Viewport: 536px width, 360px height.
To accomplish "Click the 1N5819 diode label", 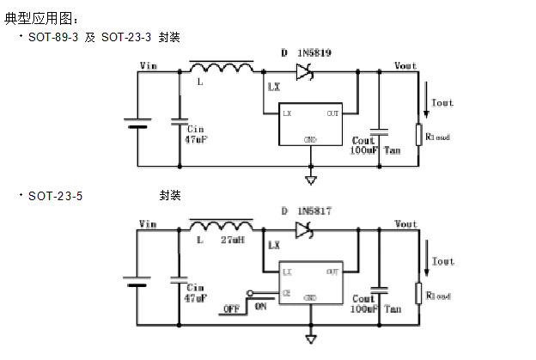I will (314, 53).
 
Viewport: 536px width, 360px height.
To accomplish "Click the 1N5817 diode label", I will (314, 211).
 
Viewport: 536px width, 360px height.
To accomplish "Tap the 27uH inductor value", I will (233, 241).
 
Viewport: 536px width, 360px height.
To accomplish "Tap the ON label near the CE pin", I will (261, 305).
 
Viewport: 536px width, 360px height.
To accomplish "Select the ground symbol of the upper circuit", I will (310, 180).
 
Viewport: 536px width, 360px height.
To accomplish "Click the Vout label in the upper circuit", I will (405, 66).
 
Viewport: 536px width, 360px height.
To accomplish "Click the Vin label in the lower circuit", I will (148, 224).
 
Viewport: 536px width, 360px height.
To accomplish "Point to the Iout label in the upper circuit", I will (442, 103).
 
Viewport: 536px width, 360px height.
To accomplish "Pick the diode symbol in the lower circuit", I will (302, 229).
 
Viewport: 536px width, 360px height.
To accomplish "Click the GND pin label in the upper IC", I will (310, 140).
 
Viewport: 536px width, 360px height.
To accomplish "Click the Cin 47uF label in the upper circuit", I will (194, 133).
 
